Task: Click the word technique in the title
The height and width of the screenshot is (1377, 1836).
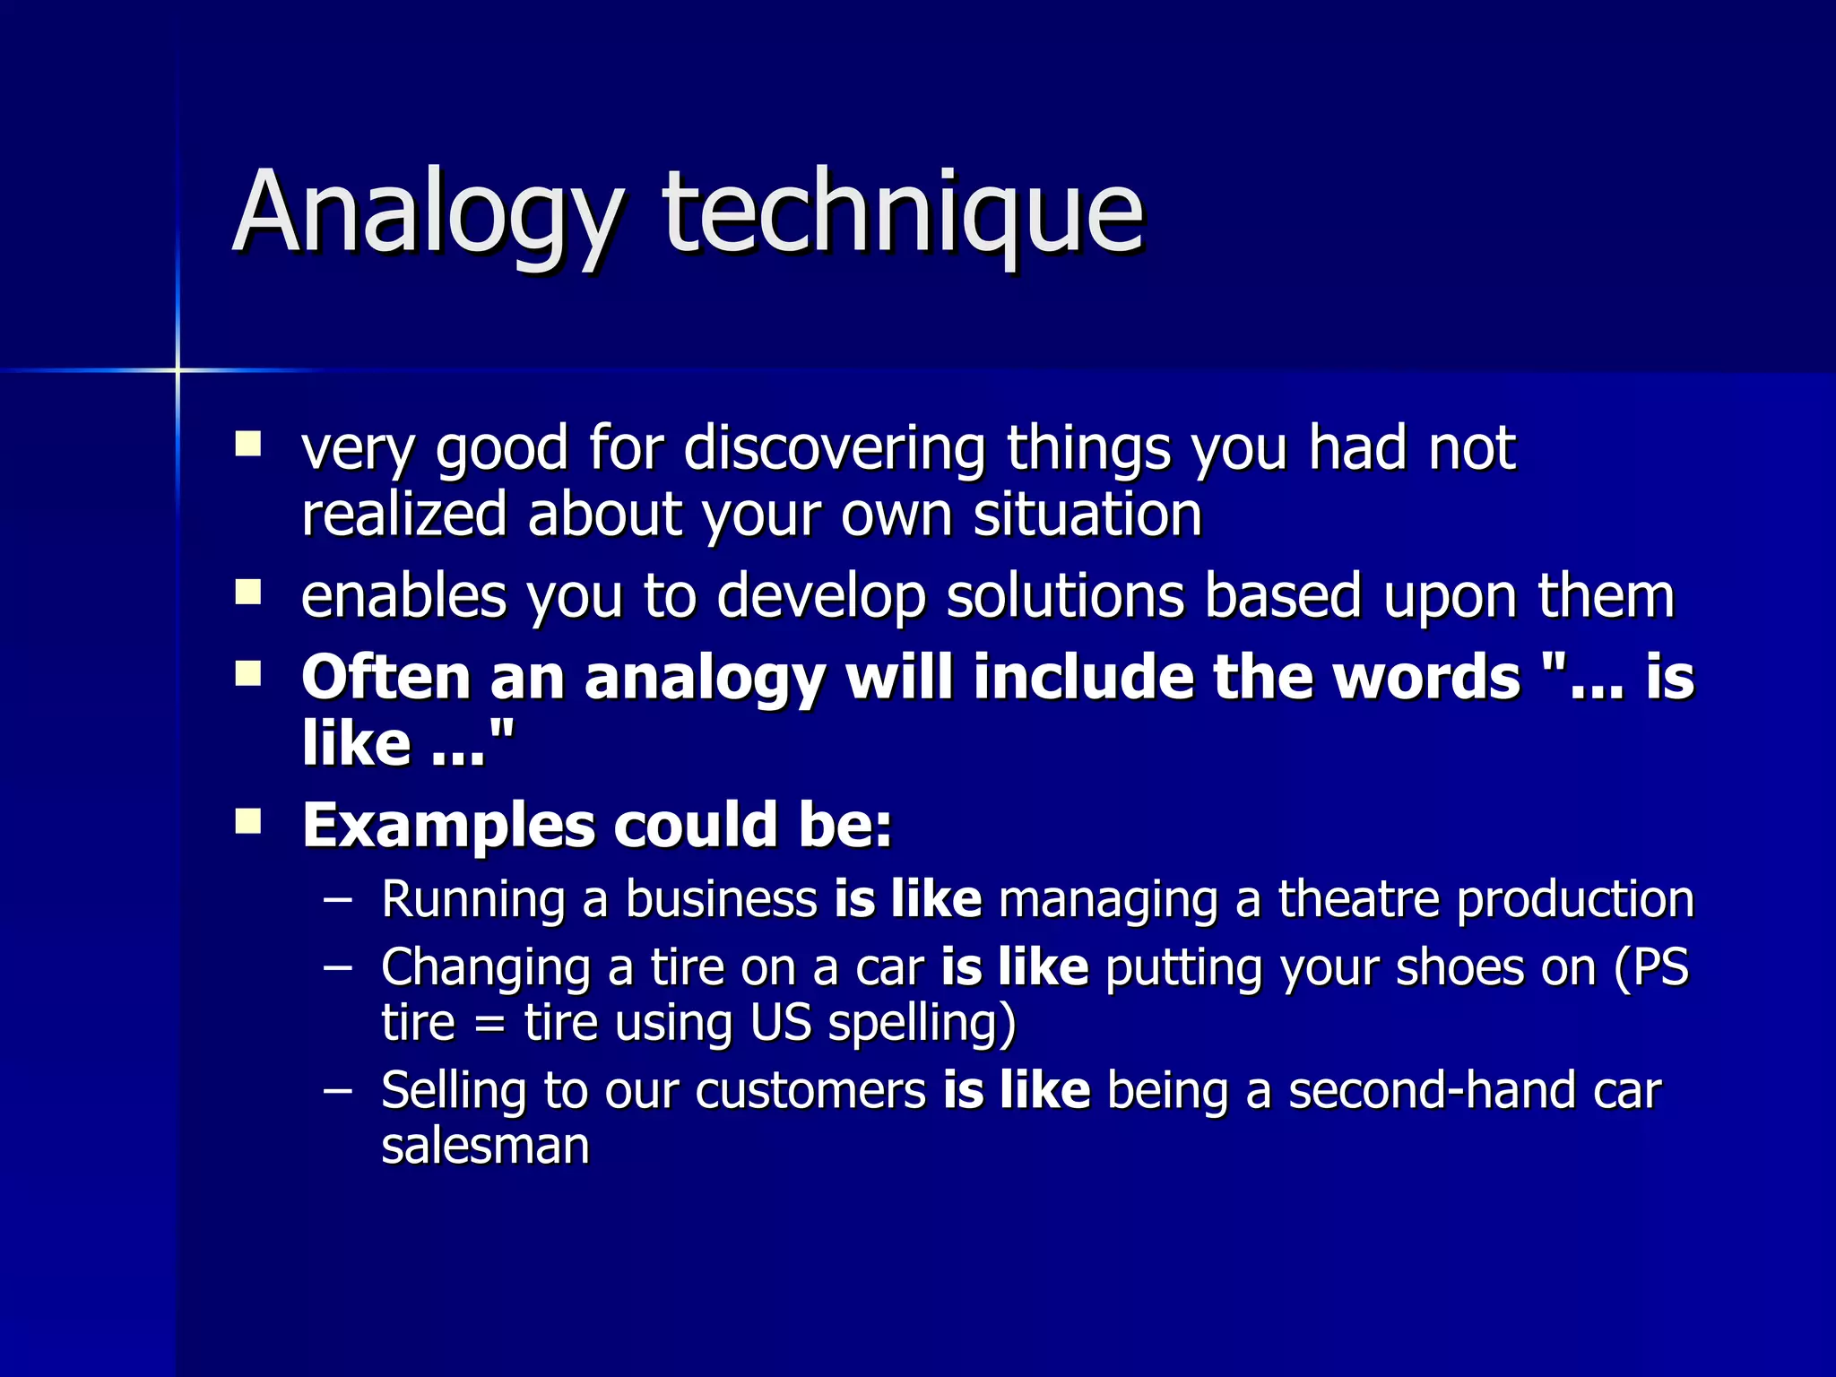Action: point(904,213)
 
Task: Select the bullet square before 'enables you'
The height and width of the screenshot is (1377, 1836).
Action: point(248,593)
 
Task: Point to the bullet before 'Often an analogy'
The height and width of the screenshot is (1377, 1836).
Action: point(248,673)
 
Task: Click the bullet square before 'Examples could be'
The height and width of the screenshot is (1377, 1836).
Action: point(248,821)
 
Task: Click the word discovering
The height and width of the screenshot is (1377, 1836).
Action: point(834,448)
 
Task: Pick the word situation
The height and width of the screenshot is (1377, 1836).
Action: point(1087,515)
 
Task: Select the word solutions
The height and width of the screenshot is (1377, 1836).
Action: point(1065,596)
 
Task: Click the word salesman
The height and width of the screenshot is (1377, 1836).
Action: point(485,1146)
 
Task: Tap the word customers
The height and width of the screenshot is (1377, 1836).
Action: point(810,1091)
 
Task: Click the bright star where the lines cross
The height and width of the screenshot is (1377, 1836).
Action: point(178,370)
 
